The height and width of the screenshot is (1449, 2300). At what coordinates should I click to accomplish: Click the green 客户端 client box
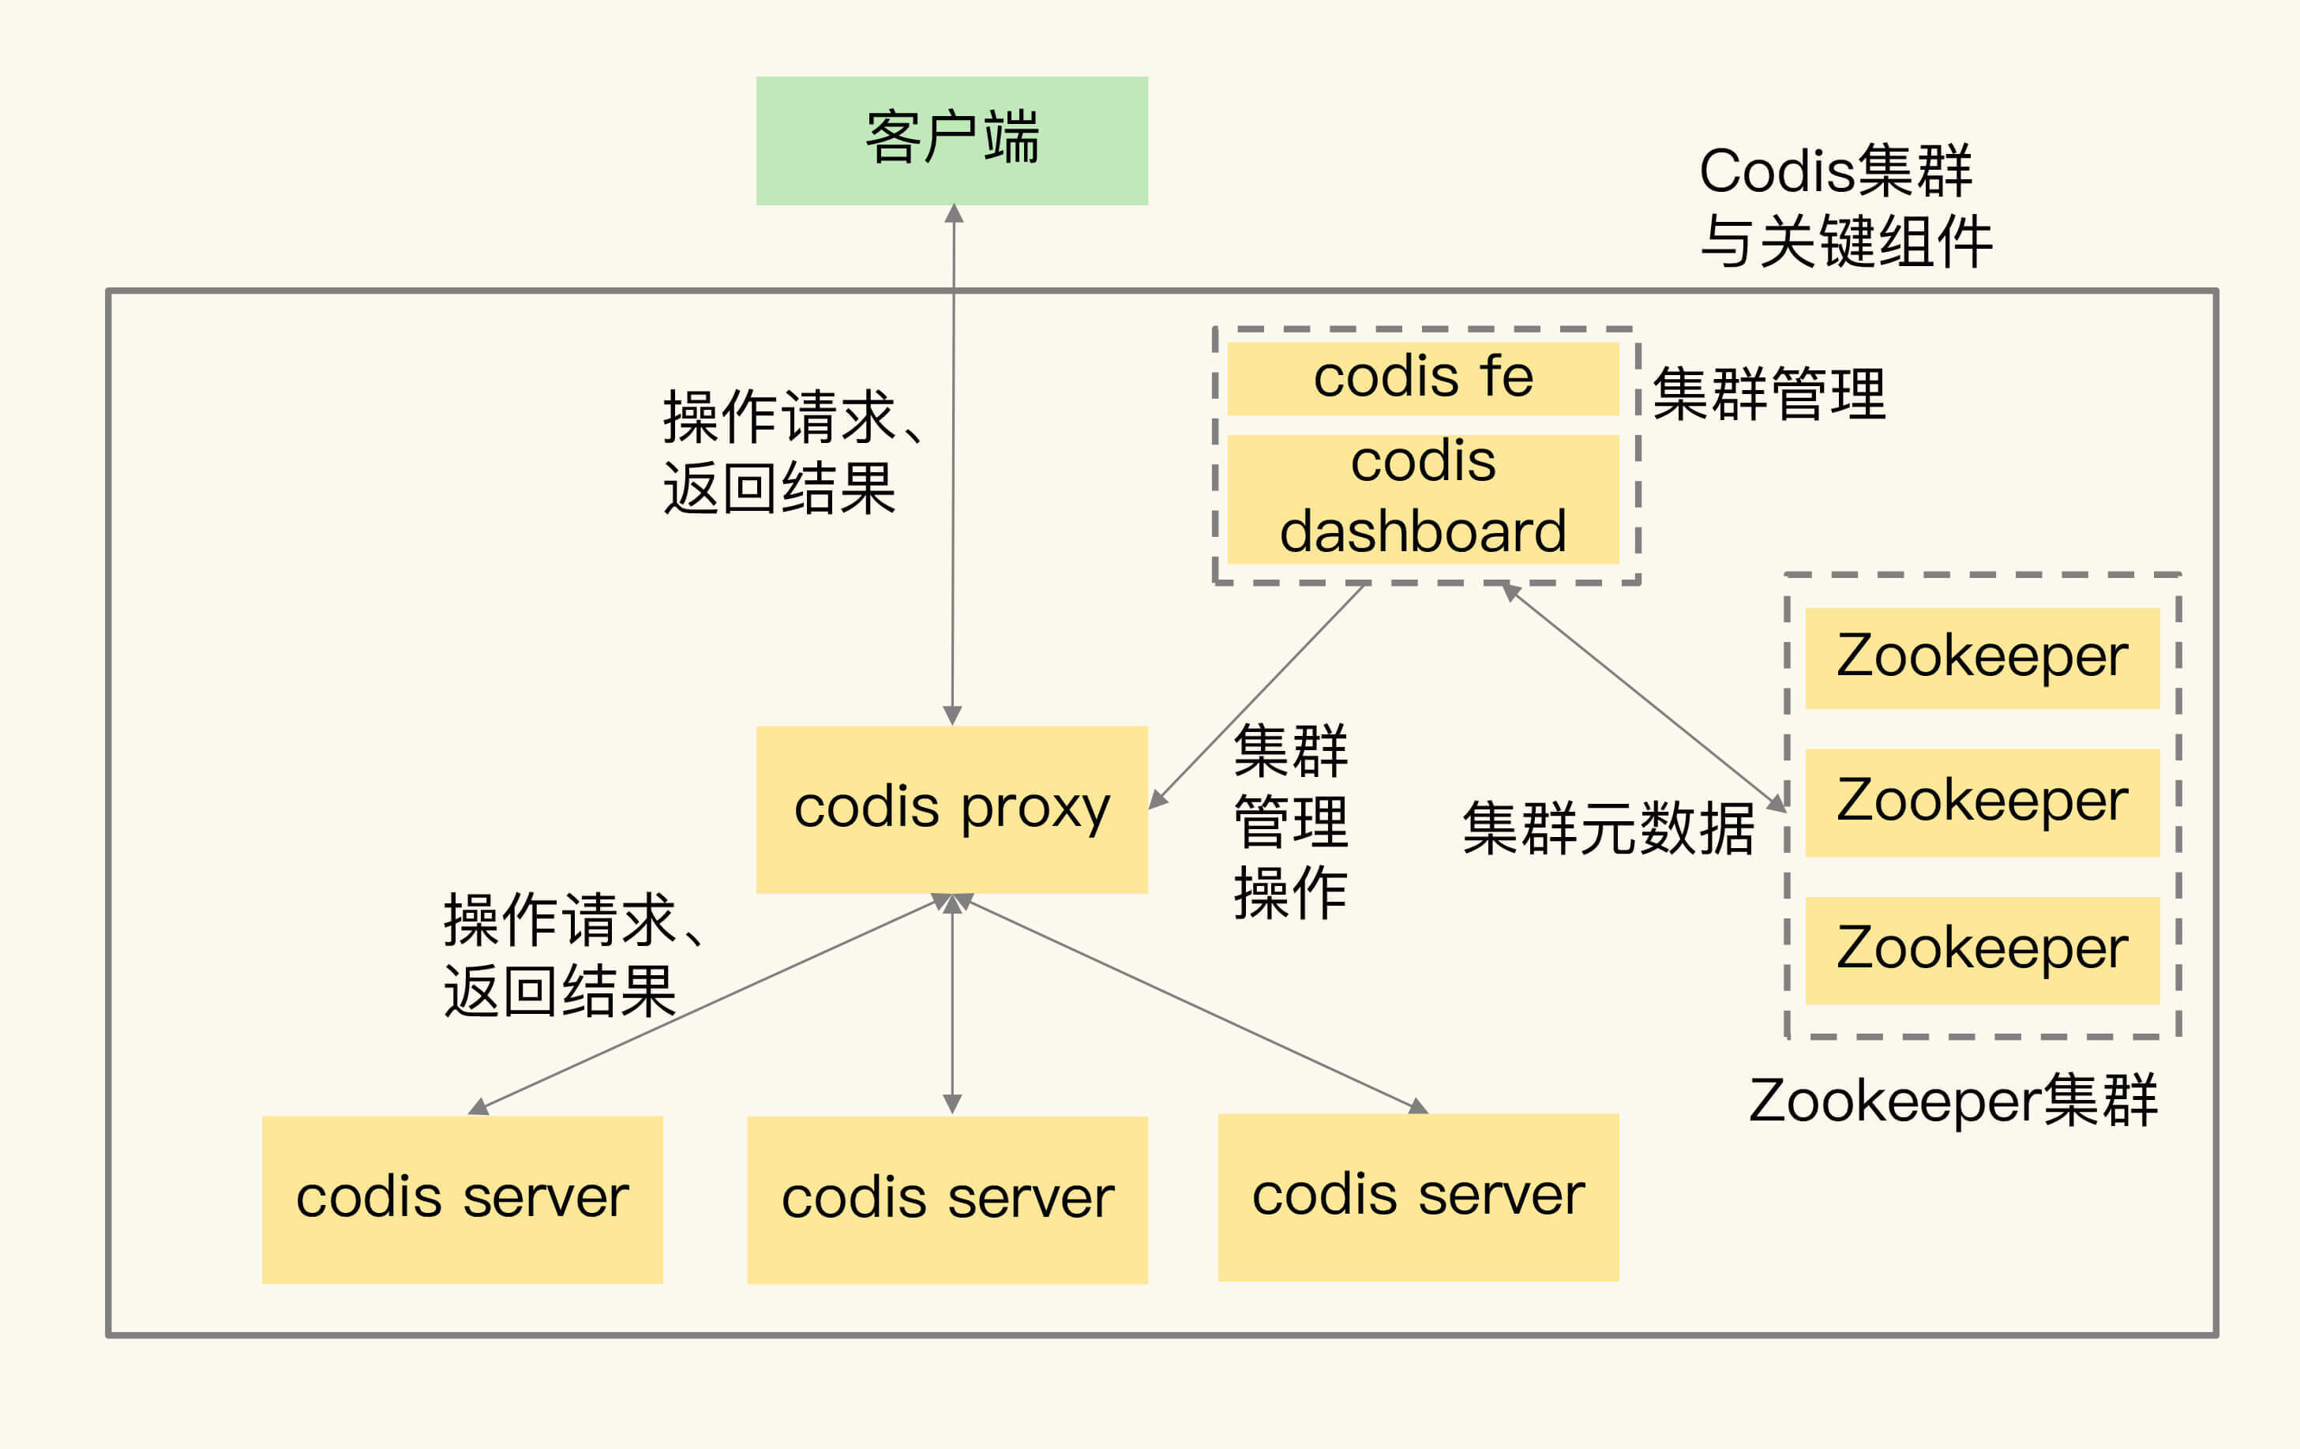951,141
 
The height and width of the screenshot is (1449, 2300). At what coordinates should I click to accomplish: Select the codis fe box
1422,378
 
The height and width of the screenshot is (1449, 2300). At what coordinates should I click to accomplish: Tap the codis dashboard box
1422,498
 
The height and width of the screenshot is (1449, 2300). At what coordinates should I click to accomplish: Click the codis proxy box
951,809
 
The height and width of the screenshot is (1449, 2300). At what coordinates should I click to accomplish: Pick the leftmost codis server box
463,1199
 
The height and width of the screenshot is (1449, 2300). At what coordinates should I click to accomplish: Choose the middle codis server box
947,1199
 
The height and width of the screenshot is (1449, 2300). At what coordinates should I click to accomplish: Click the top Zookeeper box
1982,658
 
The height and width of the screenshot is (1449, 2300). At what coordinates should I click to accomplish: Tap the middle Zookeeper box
1982,802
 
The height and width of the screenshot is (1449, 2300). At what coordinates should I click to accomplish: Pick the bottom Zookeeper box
1982,951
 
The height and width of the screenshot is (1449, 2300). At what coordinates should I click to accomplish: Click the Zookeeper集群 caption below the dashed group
1953,1100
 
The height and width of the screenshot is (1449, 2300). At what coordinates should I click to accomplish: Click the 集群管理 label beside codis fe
1769,393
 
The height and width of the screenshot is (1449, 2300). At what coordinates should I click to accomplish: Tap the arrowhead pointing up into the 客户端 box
953,214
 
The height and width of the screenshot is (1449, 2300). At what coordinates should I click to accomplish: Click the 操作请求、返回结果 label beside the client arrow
791,452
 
